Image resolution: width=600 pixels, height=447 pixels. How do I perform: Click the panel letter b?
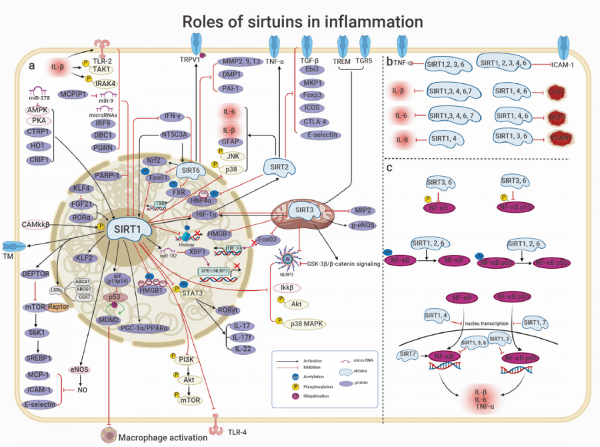(389, 61)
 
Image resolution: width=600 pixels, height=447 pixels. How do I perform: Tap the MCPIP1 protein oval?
(73, 94)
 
